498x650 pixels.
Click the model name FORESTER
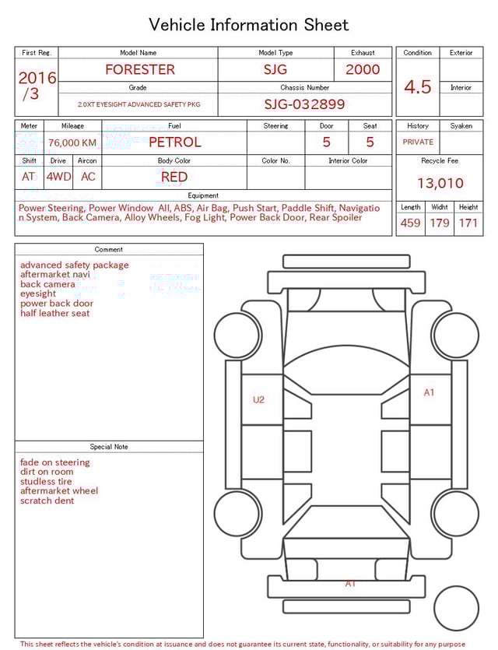pos(140,69)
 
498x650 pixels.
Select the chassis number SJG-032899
pos(304,104)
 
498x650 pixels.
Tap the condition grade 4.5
pos(418,87)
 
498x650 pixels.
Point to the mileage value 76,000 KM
pos(72,142)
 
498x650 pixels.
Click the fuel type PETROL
pos(174,142)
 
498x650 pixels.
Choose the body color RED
pos(174,177)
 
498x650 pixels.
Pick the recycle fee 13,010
pos(440,183)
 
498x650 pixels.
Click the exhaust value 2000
pos(363,69)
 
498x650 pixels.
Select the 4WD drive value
pos(58,177)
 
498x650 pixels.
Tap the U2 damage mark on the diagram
pos(258,399)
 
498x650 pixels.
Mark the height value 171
pos(468,223)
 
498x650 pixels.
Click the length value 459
pos(410,223)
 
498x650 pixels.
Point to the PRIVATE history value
pos(418,142)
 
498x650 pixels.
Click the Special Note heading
pos(109,447)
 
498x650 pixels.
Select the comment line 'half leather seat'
pos(55,313)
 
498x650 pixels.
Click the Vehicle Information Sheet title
pos(249,25)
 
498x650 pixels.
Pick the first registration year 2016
pos(37,78)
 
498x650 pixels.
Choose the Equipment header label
pos(203,195)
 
